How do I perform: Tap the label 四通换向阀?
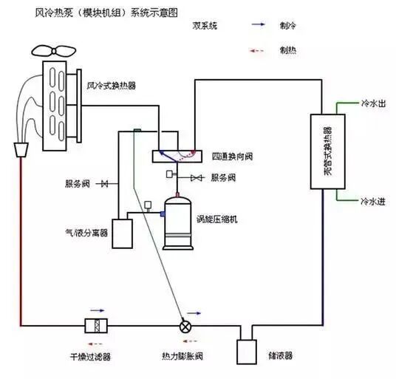point(233,157)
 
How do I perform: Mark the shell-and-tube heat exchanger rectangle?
point(324,152)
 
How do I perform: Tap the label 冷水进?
point(373,200)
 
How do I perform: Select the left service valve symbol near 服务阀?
point(106,183)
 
